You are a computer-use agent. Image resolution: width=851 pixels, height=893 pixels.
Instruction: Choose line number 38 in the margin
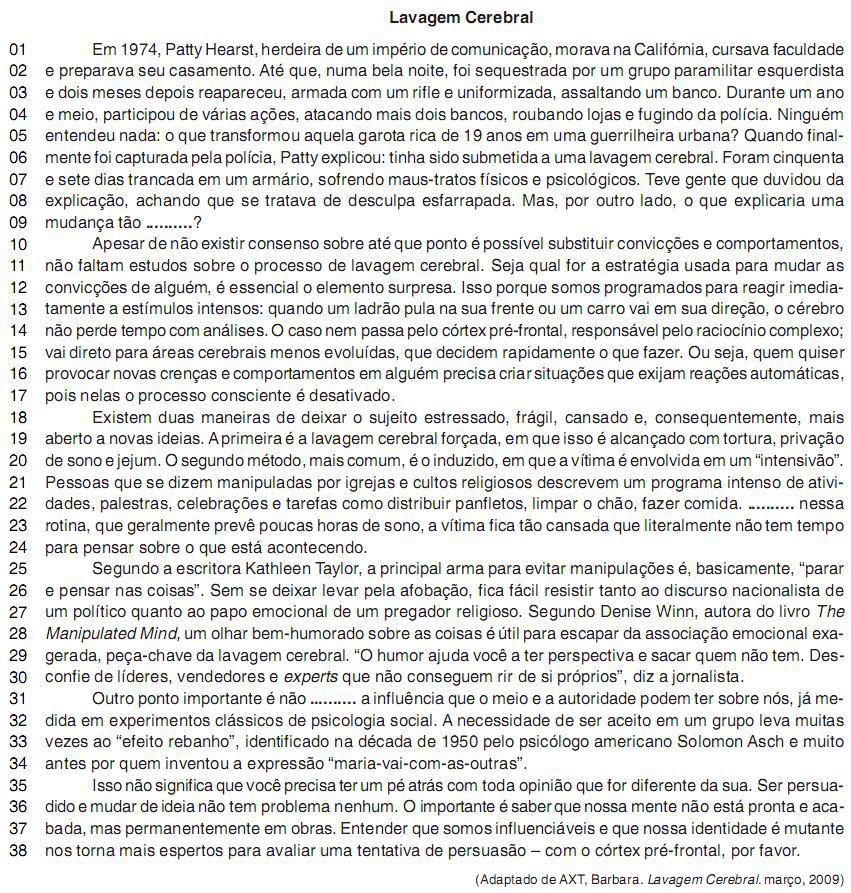click(19, 851)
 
